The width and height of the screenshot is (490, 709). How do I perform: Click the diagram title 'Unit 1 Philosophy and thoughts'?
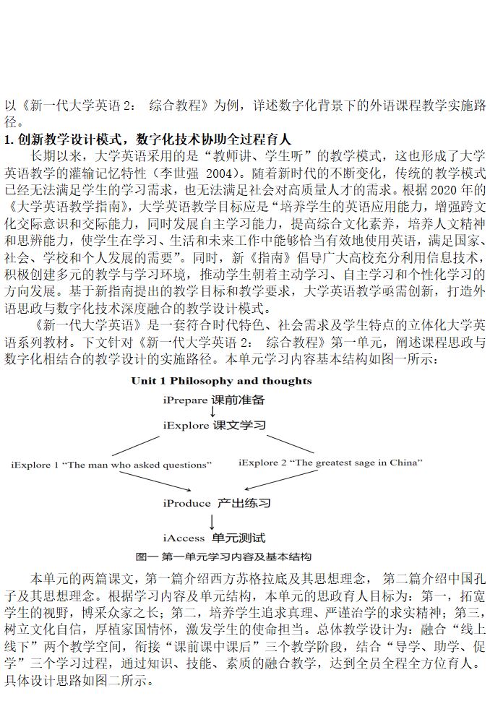click(221, 380)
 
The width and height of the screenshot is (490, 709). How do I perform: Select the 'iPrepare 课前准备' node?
click(213, 399)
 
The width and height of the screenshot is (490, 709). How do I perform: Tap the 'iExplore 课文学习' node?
click(214, 425)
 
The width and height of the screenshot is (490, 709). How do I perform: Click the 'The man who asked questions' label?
click(111, 464)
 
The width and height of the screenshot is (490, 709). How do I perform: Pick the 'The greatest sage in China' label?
click(330, 462)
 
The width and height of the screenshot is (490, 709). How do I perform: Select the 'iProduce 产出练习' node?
click(217, 502)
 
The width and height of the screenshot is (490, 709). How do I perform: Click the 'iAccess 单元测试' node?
click(214, 538)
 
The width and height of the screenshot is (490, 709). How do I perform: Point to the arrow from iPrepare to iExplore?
click(212, 412)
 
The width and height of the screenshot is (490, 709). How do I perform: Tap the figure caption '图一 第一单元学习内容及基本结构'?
click(223, 557)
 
